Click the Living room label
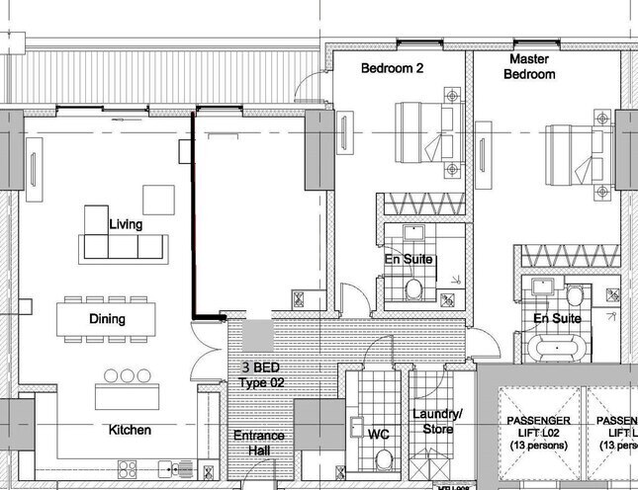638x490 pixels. click(x=126, y=224)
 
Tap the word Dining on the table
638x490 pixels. click(x=108, y=319)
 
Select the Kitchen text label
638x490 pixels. click(x=130, y=430)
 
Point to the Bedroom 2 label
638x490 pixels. click(x=392, y=69)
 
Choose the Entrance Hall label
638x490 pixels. click(x=259, y=443)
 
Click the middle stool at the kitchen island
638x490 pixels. click(x=127, y=375)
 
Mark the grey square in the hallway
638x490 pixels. click(x=256, y=333)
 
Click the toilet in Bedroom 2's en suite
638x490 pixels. click(x=414, y=287)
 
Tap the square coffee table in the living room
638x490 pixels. click(x=158, y=200)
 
